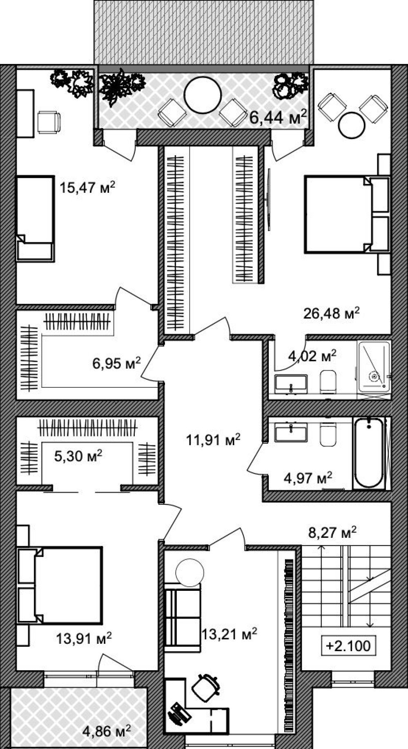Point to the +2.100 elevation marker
point(348,645)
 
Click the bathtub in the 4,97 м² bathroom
point(369,452)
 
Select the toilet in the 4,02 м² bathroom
point(328,382)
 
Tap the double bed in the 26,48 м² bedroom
point(347,214)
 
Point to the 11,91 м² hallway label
point(213,440)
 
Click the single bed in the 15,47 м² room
point(36,218)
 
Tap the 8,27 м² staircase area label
point(333,532)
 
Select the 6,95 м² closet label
point(117,363)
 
